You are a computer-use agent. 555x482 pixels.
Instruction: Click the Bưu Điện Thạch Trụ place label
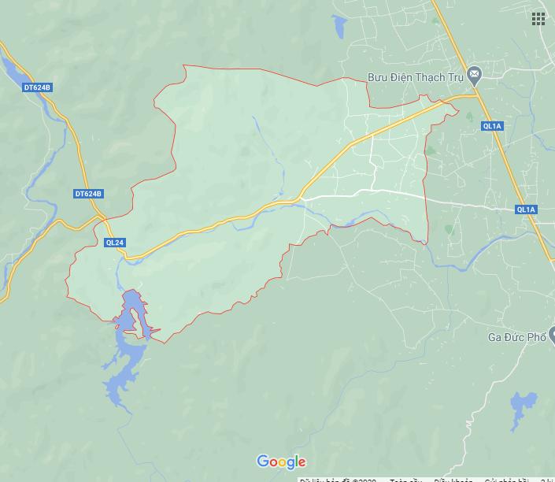pos(416,77)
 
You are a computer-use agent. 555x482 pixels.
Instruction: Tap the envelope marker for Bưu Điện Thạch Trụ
pos(474,76)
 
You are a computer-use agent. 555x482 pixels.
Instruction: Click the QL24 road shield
pos(114,243)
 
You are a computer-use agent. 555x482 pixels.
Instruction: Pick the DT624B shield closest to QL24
pos(88,194)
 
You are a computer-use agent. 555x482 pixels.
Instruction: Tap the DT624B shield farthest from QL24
pos(37,87)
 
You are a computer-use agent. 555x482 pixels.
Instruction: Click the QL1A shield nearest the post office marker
pos(492,126)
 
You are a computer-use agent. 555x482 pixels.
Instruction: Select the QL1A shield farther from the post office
pos(526,209)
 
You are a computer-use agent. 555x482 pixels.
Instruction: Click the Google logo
pos(281,462)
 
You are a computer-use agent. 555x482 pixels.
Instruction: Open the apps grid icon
pos(538,19)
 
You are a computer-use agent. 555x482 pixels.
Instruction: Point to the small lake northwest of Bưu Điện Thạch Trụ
pos(340,28)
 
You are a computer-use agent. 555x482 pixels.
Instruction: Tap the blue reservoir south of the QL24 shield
pos(126,347)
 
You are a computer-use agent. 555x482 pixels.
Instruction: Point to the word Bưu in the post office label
pos(379,77)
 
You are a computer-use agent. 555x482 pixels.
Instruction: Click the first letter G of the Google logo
pos(263,462)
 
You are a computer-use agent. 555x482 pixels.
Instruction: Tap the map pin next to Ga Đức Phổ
pos(553,336)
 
